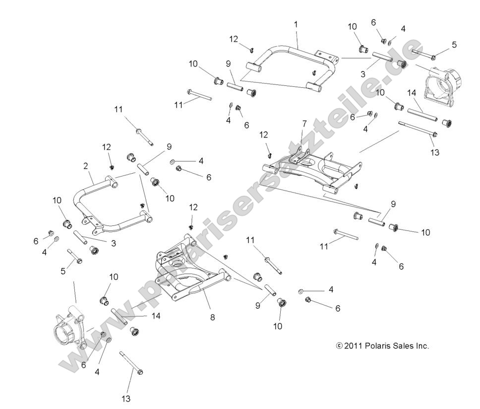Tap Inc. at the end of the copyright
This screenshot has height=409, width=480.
(421, 346)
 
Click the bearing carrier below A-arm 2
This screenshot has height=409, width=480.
(67, 330)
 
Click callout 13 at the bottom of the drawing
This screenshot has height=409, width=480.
(126, 398)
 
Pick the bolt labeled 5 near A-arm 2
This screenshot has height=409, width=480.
(76, 256)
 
